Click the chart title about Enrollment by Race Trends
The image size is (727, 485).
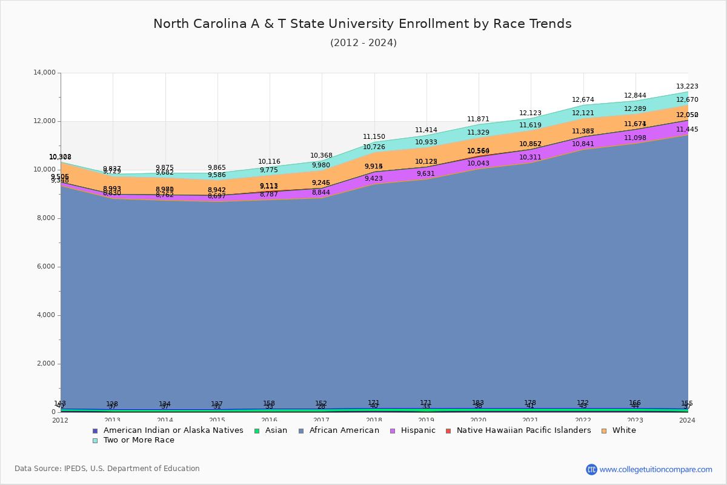(x=362, y=24)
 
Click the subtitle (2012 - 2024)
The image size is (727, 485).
(x=363, y=43)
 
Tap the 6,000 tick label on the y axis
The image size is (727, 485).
(x=45, y=267)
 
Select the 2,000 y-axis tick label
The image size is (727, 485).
(x=45, y=364)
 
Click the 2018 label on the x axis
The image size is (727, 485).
(x=374, y=420)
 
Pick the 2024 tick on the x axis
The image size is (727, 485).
(x=688, y=420)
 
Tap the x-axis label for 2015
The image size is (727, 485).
(x=217, y=420)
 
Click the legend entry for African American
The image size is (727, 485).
(x=344, y=430)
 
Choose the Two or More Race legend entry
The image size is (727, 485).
(x=139, y=440)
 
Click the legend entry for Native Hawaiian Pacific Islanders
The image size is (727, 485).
(x=523, y=430)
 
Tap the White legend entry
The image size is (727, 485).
(x=623, y=430)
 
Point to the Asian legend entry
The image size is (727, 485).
(x=275, y=430)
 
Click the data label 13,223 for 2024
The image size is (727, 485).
(x=687, y=87)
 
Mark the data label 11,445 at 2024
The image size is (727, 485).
(x=687, y=129)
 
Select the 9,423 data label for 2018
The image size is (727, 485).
(x=374, y=179)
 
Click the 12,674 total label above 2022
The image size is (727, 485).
(x=583, y=100)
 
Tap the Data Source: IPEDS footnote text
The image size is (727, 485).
(x=107, y=469)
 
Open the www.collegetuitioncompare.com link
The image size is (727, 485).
(x=656, y=469)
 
